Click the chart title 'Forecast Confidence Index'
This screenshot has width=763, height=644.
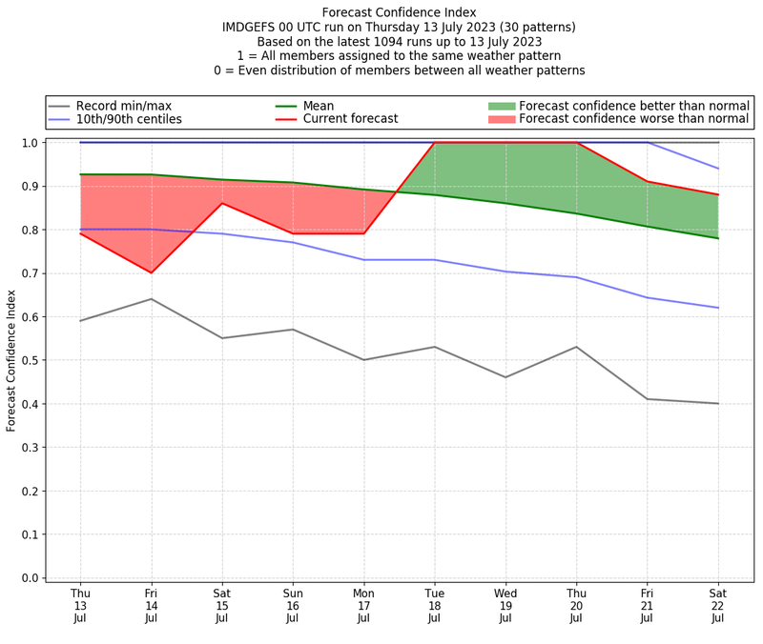pyautogui.click(x=399, y=12)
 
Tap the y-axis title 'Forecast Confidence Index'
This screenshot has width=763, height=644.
pyautogui.click(x=11, y=360)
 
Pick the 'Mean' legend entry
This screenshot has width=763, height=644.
pyautogui.click(x=319, y=106)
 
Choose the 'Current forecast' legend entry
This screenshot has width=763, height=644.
pyautogui.click(x=350, y=119)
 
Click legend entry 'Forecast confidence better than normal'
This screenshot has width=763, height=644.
pyautogui.click(x=633, y=106)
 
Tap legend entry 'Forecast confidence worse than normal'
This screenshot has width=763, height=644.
pyautogui.click(x=633, y=119)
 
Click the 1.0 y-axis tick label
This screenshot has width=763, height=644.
pyautogui.click(x=31, y=143)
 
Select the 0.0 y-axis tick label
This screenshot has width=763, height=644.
pyautogui.click(x=31, y=577)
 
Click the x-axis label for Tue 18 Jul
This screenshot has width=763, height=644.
pyautogui.click(x=434, y=606)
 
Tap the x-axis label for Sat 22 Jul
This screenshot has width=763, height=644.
pyautogui.click(x=717, y=606)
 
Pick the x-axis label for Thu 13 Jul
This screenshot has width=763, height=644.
pyautogui.click(x=80, y=606)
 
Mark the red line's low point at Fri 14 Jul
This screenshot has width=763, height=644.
pyautogui.click(x=151, y=272)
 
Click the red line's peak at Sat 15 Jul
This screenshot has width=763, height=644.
pyautogui.click(x=222, y=203)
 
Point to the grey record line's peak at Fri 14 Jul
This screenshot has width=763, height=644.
pyautogui.click(x=151, y=299)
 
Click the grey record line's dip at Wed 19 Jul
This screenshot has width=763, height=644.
pyautogui.click(x=505, y=377)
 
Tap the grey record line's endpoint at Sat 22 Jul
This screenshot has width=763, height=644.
pyautogui.click(x=717, y=403)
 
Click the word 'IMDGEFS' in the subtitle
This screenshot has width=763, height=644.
pyautogui.click(x=251, y=28)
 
